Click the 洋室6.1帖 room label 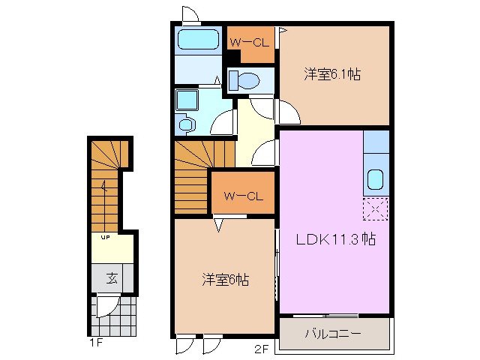click(332, 74)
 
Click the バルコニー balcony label click(333, 332)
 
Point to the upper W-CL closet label click(248, 42)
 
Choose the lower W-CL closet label click(243, 196)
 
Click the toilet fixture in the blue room click(241, 79)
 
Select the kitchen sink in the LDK click(376, 180)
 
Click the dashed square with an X click(376, 209)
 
